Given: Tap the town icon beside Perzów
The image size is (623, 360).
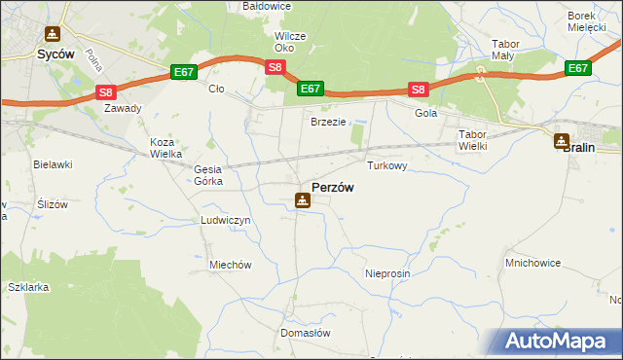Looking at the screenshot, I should [x=303, y=200].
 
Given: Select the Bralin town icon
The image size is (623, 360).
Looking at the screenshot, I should [x=562, y=141].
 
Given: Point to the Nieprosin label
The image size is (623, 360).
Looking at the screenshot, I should [x=387, y=273].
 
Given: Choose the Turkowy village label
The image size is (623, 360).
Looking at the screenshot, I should [x=386, y=166].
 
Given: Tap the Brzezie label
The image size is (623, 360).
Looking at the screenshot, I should [x=328, y=122].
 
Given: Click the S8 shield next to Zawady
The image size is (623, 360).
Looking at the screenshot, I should [x=106, y=92].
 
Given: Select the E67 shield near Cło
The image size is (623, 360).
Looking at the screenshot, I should [x=184, y=72].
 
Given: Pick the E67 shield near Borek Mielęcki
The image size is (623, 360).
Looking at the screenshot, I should [x=578, y=68].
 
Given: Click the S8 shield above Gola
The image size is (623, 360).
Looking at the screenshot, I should [x=418, y=90].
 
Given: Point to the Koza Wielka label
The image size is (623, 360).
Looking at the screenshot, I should [x=162, y=148].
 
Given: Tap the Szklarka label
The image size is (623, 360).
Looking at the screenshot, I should [x=27, y=288].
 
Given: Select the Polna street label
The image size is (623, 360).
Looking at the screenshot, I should [x=94, y=61].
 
